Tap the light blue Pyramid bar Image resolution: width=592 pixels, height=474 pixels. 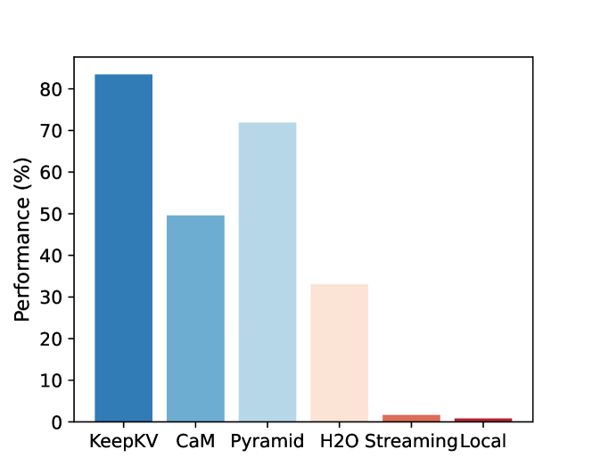[x=267, y=272]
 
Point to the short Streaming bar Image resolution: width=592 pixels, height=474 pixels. [x=412, y=418]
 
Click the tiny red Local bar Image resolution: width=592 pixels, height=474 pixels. [x=483, y=420]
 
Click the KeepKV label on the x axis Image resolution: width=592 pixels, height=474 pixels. [x=124, y=441]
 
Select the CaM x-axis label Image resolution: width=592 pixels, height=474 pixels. [x=195, y=441]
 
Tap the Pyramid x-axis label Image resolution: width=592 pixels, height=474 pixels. [x=267, y=441]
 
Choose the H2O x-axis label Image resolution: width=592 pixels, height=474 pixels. [x=340, y=441]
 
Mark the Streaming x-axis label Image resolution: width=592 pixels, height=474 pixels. [x=411, y=441]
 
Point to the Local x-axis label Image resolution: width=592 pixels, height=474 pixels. [x=482, y=441]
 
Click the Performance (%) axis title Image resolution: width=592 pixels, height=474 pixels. [x=23, y=239]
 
